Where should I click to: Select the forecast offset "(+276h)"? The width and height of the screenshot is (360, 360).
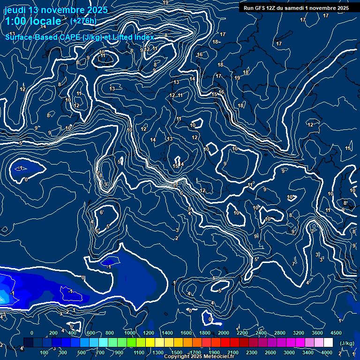[83, 21]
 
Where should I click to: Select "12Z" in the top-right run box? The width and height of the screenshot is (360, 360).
[271, 8]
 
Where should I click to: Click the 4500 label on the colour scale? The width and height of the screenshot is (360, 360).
[336, 333]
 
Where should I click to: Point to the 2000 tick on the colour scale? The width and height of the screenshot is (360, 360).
[224, 333]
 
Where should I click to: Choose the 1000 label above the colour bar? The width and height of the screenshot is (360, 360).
[130, 333]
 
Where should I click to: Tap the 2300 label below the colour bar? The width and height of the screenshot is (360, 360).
[252, 352]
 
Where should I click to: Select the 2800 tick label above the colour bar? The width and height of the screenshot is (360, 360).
[280, 333]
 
